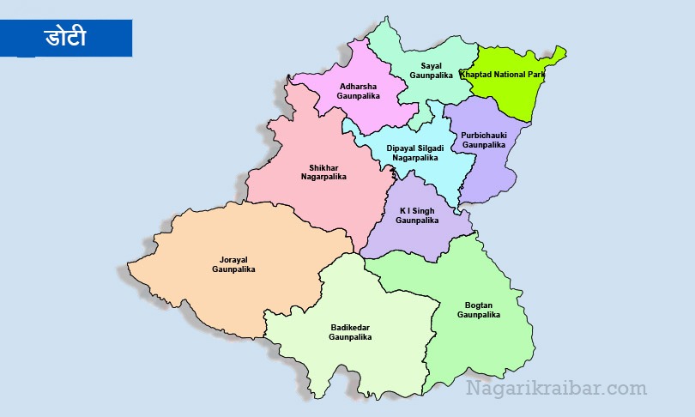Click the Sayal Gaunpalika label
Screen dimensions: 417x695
pos(430,70)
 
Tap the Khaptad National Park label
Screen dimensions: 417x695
pos(503,75)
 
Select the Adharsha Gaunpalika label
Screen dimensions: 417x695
pos(358,91)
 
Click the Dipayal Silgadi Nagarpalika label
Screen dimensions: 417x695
pos(415,153)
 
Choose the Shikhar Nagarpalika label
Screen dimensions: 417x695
pos(323,172)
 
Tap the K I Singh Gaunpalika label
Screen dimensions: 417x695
pos(418,215)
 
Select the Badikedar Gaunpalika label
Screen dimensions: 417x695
pos(349,332)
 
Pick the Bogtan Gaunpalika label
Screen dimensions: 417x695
pos(478,310)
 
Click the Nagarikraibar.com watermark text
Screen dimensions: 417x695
pos(556,389)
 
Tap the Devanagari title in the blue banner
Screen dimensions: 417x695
pos(65,38)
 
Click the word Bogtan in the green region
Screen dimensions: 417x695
pos(478,305)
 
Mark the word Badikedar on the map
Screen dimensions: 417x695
pos(349,327)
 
